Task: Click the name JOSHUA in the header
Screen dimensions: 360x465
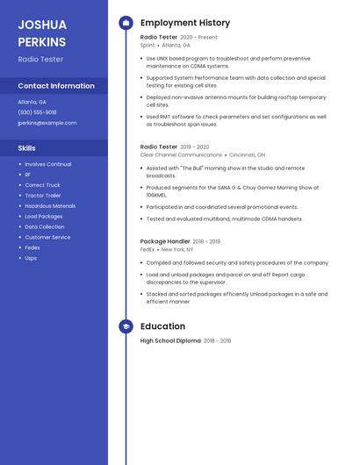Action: click(42, 25)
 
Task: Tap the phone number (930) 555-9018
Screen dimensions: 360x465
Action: click(37, 112)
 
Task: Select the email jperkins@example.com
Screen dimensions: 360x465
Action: click(47, 123)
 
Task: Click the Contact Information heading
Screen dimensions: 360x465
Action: click(56, 86)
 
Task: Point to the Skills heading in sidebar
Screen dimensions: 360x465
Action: click(26, 148)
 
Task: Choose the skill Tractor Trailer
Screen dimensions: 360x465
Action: click(43, 196)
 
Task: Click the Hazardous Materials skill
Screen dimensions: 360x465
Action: click(50, 206)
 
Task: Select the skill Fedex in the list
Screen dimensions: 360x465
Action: click(32, 247)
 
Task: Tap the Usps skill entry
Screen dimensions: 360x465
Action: click(31, 258)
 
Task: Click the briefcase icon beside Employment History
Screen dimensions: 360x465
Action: click(126, 23)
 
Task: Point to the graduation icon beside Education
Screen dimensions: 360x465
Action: click(126, 326)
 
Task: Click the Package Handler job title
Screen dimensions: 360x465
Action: click(165, 241)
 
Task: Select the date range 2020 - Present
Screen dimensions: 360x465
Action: click(198, 38)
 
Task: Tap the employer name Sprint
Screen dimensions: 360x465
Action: click(148, 45)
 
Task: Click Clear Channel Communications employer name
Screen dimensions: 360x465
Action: click(181, 154)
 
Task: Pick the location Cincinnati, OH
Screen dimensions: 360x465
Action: click(247, 154)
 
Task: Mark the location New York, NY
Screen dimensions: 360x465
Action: click(178, 249)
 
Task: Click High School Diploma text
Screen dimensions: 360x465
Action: click(170, 340)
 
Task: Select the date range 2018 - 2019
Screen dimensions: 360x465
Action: click(207, 241)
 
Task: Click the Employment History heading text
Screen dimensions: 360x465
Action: click(185, 23)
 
